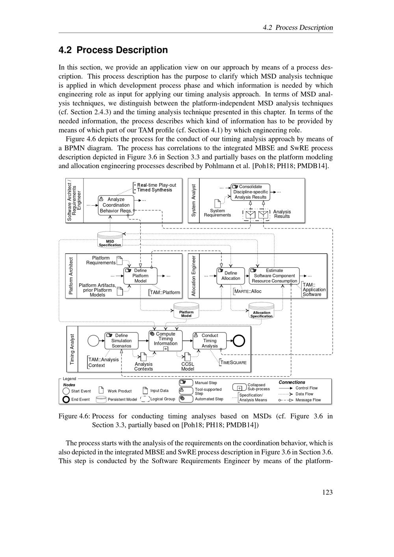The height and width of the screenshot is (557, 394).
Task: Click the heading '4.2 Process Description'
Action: (x=113, y=50)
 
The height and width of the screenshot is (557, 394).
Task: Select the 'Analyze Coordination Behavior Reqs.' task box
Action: (x=116, y=205)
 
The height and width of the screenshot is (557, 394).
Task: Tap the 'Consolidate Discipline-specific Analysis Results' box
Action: (x=251, y=192)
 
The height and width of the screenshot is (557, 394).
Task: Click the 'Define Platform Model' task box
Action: (x=140, y=276)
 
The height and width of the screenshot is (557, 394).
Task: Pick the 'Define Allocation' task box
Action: (x=230, y=276)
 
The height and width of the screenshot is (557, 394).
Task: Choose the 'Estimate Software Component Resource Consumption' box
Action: (x=274, y=276)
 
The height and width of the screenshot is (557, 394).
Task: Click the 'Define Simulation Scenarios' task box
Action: (x=121, y=341)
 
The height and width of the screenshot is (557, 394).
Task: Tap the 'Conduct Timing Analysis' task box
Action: (x=210, y=341)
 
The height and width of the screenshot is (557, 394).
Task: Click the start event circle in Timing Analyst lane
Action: (x=93, y=341)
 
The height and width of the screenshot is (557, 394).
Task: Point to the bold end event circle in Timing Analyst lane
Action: (x=239, y=341)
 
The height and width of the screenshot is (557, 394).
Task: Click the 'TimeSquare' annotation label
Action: (x=233, y=362)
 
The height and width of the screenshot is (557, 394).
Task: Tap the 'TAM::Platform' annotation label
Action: (x=165, y=292)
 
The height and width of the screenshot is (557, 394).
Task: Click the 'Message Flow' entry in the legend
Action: (x=308, y=400)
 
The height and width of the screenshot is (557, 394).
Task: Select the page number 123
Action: (x=327, y=492)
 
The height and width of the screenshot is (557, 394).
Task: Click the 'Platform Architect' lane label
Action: (x=71, y=276)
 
